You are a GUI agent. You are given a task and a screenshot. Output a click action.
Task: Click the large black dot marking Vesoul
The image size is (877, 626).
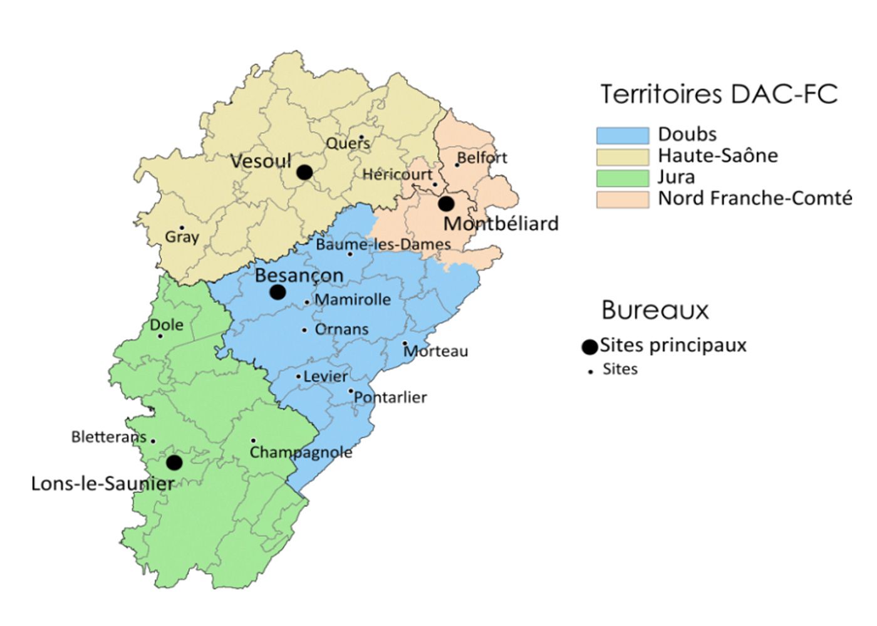(304, 172)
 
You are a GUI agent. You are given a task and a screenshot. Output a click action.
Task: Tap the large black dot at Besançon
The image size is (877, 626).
(278, 292)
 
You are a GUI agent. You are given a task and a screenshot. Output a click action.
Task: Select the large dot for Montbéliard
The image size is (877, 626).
(446, 204)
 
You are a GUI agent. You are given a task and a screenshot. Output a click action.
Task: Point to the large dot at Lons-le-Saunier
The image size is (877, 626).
(174, 463)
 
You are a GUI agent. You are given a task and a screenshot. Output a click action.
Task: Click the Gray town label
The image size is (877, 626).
(182, 237)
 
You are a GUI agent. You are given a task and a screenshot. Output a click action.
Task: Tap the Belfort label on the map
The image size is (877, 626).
(482, 157)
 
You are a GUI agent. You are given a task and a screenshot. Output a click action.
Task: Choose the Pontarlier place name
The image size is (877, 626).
(390, 397)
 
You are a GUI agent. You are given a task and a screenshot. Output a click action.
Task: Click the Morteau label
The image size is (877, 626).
(436, 351)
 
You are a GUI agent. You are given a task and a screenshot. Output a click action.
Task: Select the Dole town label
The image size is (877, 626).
(167, 325)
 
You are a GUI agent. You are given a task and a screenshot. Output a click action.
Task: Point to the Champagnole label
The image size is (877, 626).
(301, 452)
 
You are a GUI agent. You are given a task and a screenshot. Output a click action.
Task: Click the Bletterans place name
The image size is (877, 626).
(108, 437)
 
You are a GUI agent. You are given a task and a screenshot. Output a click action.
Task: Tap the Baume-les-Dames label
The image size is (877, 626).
(383, 244)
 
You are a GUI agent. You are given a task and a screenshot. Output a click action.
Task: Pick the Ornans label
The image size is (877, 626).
(341, 329)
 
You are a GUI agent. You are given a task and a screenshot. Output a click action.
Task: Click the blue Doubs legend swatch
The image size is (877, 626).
(622, 135)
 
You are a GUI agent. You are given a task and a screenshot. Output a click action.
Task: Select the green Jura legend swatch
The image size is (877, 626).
(622, 178)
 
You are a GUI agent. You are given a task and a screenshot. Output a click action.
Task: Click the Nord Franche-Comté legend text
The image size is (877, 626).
(755, 199)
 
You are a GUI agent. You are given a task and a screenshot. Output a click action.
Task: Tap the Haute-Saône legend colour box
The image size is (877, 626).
(622, 157)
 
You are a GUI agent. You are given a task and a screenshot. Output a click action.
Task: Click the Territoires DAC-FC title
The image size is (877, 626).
(719, 94)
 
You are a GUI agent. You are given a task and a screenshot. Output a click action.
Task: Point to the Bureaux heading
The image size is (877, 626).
(655, 310)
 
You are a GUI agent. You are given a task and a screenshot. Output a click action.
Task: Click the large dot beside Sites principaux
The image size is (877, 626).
(589, 347)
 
